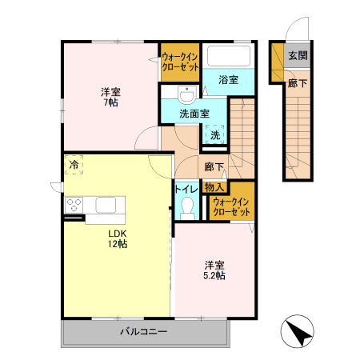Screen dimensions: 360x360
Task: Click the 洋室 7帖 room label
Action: pyautogui.click(x=110, y=97)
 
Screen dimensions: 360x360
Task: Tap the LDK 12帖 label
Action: pyautogui.click(x=118, y=238)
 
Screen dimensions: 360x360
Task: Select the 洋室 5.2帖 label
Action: pyautogui.click(x=214, y=270)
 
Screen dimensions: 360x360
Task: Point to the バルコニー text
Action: pyautogui.click(x=143, y=331)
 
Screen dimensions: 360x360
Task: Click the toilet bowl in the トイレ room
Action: pyautogui.click(x=187, y=207)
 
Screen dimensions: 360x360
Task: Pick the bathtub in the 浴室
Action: pyautogui.click(x=229, y=56)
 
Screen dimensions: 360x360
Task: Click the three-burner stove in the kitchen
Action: pyautogui.click(x=74, y=205)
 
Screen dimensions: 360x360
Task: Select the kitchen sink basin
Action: pyautogui.click(x=106, y=205)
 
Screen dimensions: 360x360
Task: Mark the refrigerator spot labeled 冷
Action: pyautogui.click(x=74, y=165)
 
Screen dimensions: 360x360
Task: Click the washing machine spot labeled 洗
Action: pyautogui.click(x=215, y=135)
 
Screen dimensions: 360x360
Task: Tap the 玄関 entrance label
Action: pyautogui.click(x=298, y=56)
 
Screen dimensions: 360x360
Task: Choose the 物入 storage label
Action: pyautogui.click(x=214, y=187)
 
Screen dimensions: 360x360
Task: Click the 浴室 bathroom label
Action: pyautogui.click(x=229, y=80)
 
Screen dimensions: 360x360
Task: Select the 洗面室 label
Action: pyautogui.click(x=194, y=114)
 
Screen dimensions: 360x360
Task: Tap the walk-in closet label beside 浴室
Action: pyautogui.click(x=180, y=62)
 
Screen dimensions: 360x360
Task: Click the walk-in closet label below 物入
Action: pyautogui.click(x=231, y=206)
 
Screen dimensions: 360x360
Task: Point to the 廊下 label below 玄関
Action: pyautogui.click(x=298, y=83)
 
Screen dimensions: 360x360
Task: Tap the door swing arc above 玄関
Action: pyautogui.click(x=292, y=22)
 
